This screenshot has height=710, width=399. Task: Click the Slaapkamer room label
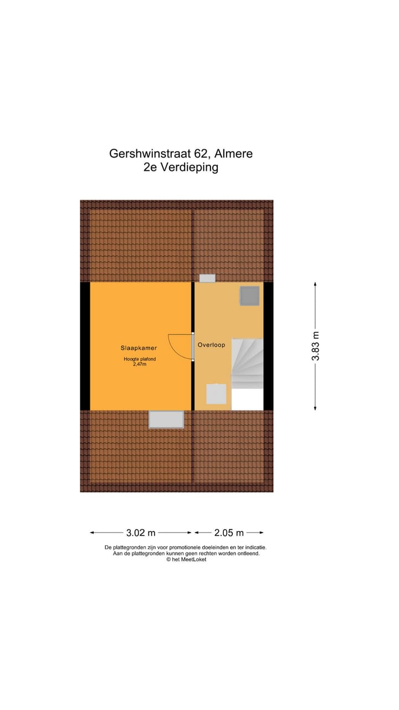139,348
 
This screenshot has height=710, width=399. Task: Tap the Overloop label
211,345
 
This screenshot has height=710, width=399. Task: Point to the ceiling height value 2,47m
140,364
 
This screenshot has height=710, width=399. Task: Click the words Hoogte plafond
140,359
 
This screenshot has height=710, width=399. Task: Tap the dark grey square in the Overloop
249,296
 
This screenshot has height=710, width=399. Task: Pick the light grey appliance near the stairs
216,394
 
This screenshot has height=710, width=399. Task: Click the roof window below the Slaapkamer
166,419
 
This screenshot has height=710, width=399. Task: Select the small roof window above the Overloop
207,278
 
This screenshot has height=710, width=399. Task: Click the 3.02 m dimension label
141,533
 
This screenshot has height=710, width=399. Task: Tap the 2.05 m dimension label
229,533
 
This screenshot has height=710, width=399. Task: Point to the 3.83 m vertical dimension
316,346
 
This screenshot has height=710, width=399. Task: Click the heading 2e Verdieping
181,167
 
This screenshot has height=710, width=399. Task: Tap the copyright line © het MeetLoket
186,559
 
